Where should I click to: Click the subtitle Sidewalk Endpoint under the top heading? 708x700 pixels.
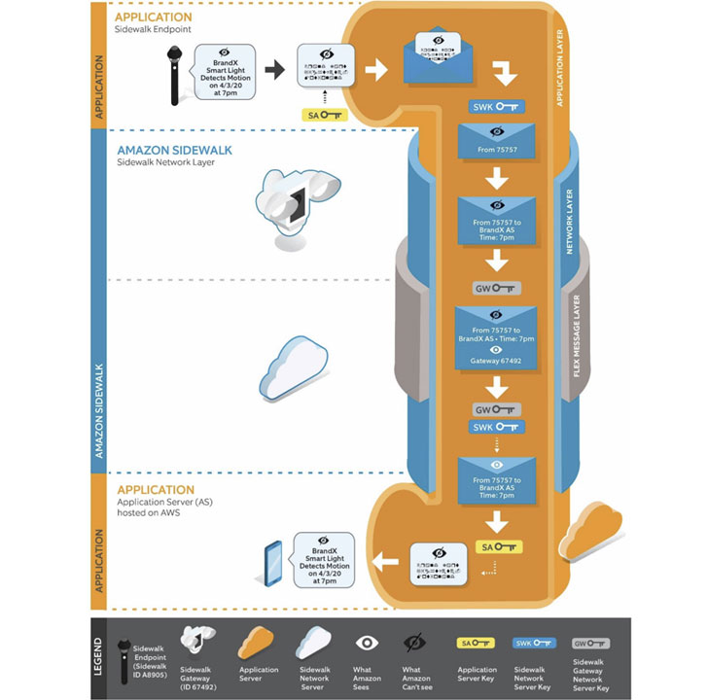[155, 30]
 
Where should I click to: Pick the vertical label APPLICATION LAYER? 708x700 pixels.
[558, 68]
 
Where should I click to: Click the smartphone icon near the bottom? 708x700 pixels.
[273, 563]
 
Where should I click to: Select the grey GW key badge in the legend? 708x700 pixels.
[590, 643]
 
